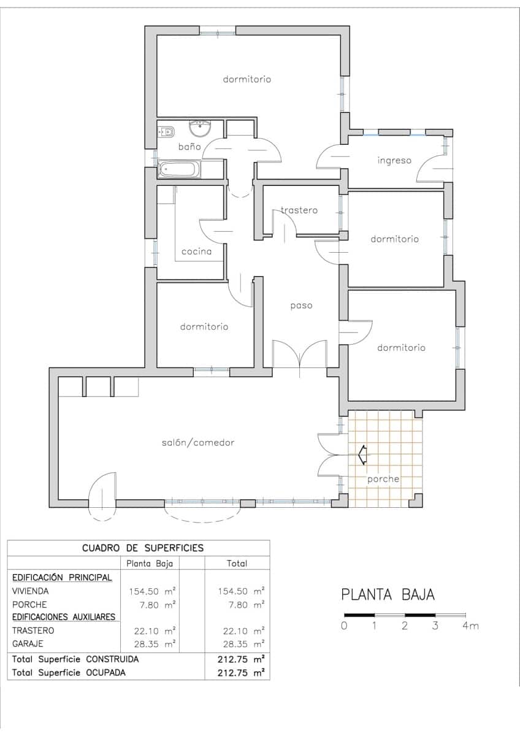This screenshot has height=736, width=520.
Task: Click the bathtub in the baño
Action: [179, 170]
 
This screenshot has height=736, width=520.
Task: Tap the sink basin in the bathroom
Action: [200, 129]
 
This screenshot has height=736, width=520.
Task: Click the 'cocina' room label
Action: [196, 251]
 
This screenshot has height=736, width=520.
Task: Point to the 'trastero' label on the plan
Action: [299, 210]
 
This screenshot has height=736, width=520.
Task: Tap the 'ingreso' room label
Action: [394, 161]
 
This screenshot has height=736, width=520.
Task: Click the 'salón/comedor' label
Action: [198, 442]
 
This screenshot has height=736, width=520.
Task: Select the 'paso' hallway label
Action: [301, 305]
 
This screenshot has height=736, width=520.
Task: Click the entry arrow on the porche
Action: [362, 454]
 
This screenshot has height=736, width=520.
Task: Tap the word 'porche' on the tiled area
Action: [383, 479]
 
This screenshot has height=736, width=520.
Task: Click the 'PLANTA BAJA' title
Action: [388, 594]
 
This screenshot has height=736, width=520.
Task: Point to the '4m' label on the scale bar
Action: [470, 626]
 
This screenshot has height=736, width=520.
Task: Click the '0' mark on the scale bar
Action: [345, 626]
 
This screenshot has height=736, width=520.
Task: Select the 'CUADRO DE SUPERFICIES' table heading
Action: [143, 548]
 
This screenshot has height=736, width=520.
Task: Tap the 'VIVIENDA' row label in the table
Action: [30, 592]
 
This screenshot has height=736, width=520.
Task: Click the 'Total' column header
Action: [237, 563]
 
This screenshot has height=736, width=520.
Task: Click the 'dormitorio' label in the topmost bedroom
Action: [247, 79]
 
